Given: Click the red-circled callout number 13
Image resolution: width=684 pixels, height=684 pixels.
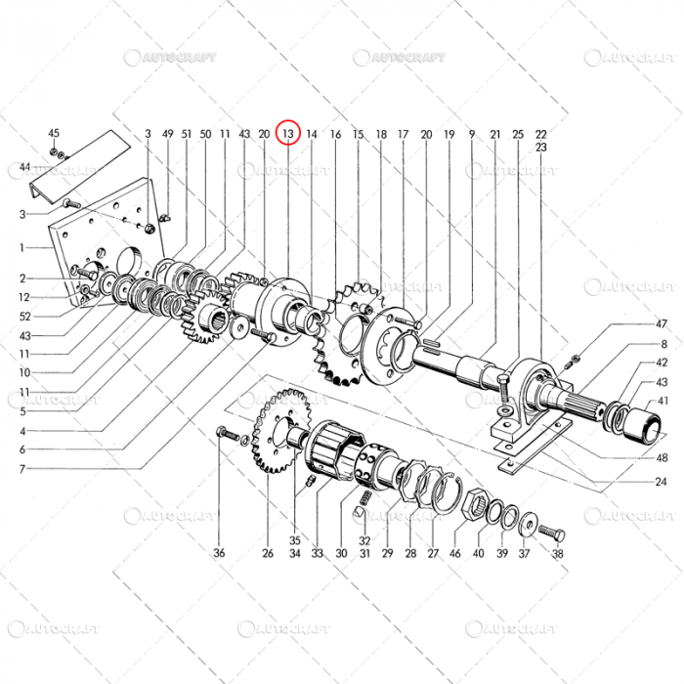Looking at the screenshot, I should tap(287, 133).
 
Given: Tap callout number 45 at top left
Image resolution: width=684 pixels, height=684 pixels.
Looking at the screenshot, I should tap(54, 133).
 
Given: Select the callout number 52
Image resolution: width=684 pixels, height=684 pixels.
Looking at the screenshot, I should tap(24, 317).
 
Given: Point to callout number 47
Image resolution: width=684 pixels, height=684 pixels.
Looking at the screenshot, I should tap(662, 323).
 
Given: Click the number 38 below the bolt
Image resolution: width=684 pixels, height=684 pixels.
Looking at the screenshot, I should tap(558, 553).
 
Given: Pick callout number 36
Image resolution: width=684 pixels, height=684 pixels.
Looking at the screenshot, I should tap(220, 553).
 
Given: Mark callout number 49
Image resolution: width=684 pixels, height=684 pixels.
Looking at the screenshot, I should tap(167, 133).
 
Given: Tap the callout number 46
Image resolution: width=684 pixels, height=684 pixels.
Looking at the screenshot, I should tap(455, 553).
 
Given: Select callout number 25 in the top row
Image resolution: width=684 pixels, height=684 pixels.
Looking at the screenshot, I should tap(518, 133).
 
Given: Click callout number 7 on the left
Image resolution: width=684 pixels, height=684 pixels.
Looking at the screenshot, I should tap(21, 468).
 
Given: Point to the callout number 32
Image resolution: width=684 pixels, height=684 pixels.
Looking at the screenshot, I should tap(363, 540).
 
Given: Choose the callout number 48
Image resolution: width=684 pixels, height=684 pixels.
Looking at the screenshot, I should tap(662, 458).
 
